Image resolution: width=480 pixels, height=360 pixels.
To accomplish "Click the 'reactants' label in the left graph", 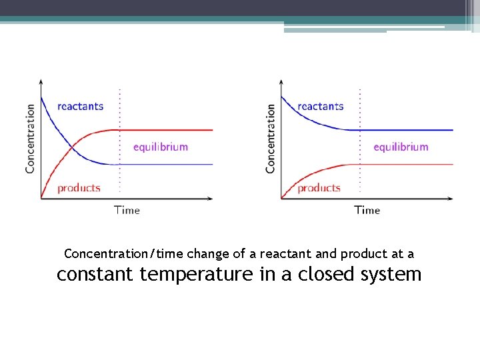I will pyautogui.click(x=81, y=106).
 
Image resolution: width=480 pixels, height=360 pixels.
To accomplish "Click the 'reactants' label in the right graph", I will pyautogui.click(x=321, y=106).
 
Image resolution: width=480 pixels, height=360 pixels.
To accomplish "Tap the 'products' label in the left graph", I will pyautogui.click(x=79, y=188).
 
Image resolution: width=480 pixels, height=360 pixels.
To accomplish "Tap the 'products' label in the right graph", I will pyautogui.click(x=319, y=188).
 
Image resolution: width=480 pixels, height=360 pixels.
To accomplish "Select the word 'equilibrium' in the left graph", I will pyautogui.click(x=161, y=147).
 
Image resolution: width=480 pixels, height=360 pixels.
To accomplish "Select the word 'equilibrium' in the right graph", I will pyautogui.click(x=401, y=147).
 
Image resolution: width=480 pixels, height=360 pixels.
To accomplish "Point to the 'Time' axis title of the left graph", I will pyautogui.click(x=127, y=210).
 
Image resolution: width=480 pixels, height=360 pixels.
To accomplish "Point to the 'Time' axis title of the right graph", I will pyautogui.click(x=367, y=210).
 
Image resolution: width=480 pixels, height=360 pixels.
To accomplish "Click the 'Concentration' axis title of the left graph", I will pyautogui.click(x=30, y=138).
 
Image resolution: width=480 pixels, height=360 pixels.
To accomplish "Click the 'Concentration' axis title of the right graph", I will pyautogui.click(x=270, y=138).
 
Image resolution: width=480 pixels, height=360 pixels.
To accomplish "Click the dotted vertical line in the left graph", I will pyautogui.click(x=119, y=180).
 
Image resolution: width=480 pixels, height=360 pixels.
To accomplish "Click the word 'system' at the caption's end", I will pyautogui.click(x=393, y=274).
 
